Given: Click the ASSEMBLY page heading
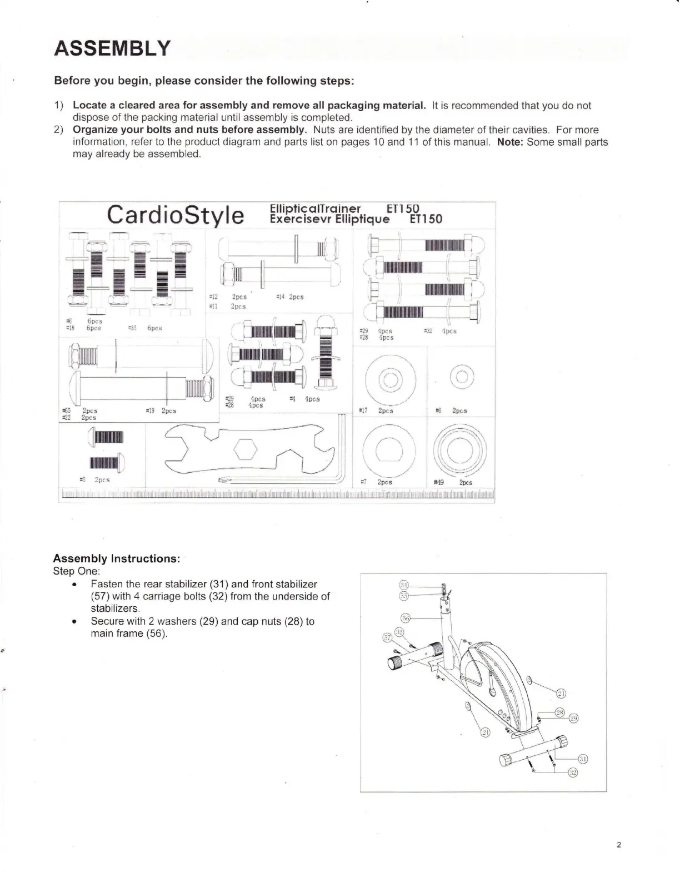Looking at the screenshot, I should tap(111, 49).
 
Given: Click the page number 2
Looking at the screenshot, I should tap(618, 845).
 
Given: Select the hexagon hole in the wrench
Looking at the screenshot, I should tap(244, 449).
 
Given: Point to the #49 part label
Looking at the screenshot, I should tap(438, 483).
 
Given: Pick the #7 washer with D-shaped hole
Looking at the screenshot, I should tap(388, 448).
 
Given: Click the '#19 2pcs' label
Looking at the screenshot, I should tap(161, 411).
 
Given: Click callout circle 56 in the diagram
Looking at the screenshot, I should tap(405, 618).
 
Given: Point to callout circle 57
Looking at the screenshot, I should tap(388, 637).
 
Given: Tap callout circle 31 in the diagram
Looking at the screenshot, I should tap(583, 759).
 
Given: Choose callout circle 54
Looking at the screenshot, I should tap(404, 585).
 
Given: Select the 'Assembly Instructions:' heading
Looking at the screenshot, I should tap(116, 558).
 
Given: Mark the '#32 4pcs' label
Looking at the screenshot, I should tap(440, 331).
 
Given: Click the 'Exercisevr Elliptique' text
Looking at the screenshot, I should tap(329, 219).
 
